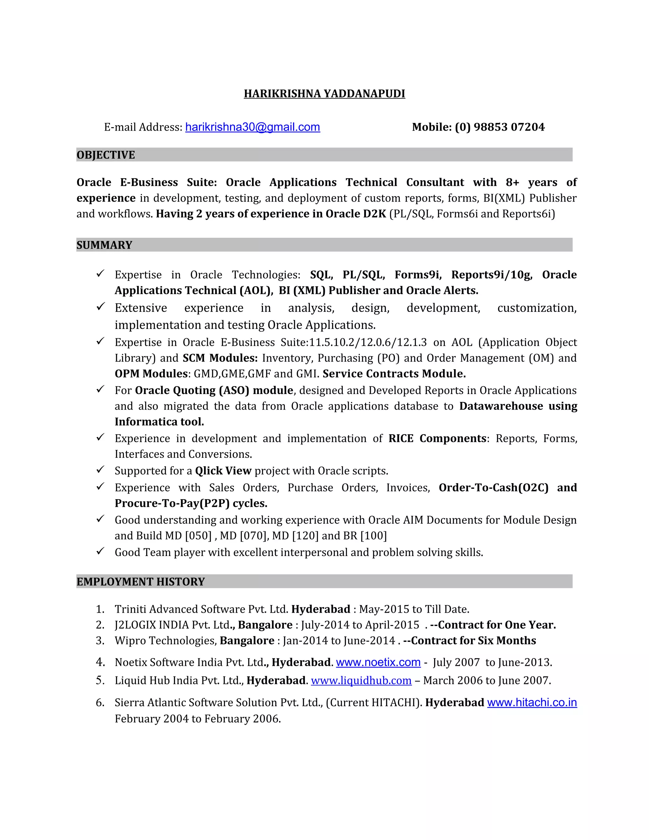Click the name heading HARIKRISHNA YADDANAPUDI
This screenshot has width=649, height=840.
[324, 94]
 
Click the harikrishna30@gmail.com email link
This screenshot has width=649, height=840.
[252, 127]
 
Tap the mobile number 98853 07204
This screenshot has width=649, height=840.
[509, 127]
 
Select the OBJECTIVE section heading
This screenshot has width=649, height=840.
[106, 155]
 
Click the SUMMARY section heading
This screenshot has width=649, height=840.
[104, 245]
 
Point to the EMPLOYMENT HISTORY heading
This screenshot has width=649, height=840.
[140, 582]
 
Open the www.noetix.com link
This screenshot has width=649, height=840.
[378, 662]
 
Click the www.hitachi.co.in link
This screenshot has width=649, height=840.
[532, 702]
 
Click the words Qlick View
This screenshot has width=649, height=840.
[223, 471]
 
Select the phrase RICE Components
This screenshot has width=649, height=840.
[437, 438]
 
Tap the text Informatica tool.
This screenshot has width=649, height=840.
[159, 422]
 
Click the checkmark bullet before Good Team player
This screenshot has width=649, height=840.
[100, 552]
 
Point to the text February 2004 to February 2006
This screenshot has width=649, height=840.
[198, 719]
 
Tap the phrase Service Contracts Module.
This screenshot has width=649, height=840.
[394, 374]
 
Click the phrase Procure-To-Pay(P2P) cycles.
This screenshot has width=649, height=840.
[191, 503]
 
